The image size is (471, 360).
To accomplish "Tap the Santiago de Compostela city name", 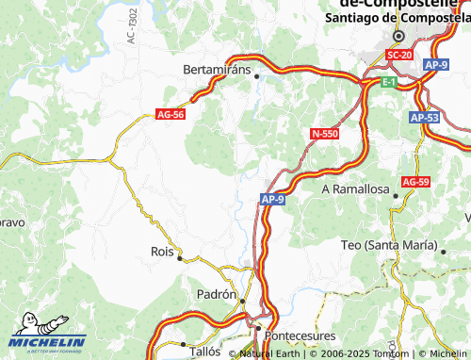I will (x=397, y=18).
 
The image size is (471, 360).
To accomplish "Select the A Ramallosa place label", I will (x=355, y=188).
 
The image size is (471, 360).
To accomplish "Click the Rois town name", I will (x=163, y=252).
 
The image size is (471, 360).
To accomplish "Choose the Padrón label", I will (x=216, y=294).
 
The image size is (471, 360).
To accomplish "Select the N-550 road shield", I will (x=324, y=134).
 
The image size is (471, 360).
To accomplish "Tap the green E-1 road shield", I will (x=389, y=84).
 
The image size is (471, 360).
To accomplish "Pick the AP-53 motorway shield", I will (x=426, y=118).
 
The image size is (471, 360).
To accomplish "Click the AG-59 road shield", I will (x=415, y=181).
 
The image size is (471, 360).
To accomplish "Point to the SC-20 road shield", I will (x=400, y=56).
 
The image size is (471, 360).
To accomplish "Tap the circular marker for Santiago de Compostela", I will (x=398, y=36).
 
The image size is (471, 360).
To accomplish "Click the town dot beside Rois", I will (x=180, y=257).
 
